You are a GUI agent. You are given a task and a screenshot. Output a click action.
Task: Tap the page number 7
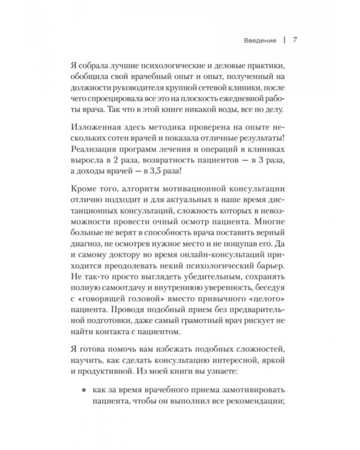coord(295,41)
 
